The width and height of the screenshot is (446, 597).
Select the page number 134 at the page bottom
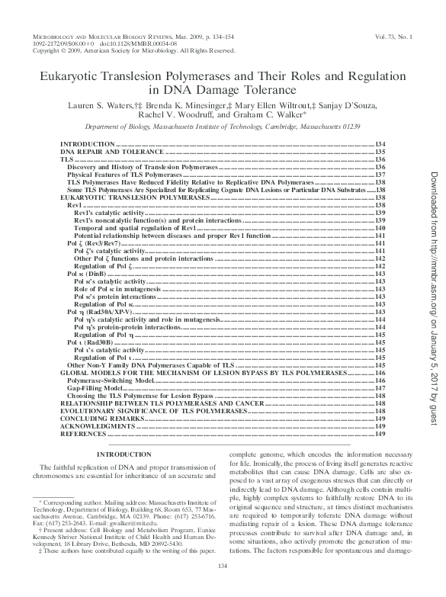tap(223, 586)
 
